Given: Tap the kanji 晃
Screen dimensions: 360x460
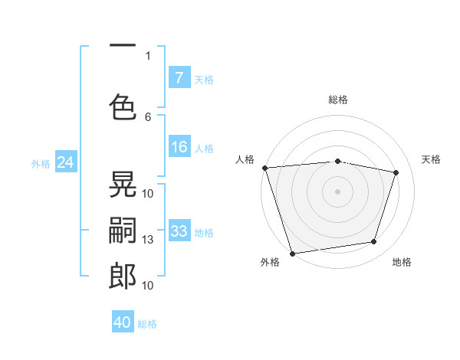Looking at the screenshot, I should pos(123,185).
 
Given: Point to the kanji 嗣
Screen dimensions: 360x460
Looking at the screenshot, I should pos(123,230).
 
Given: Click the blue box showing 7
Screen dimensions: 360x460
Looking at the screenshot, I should pos(179,77).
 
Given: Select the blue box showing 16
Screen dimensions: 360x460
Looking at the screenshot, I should pos(179,147).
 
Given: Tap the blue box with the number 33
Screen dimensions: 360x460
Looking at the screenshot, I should pos(179,231).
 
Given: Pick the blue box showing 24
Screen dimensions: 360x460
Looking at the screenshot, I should pos(65,162).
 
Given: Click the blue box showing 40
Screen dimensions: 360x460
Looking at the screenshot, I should pos(123,322).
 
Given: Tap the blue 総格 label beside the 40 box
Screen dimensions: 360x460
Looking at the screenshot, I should pos(147,324).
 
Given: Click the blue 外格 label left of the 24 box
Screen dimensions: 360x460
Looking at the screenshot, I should pos(41,163).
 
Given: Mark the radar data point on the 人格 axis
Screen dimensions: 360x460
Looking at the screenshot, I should pos(264,168).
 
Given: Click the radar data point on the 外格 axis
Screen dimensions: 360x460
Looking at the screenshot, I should pos(292,253).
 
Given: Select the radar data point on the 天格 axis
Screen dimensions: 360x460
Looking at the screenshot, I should pos(396,172).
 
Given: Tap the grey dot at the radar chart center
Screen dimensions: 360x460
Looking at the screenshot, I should pos(337,191).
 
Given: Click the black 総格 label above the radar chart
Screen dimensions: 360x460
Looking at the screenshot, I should pos(337,100).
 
